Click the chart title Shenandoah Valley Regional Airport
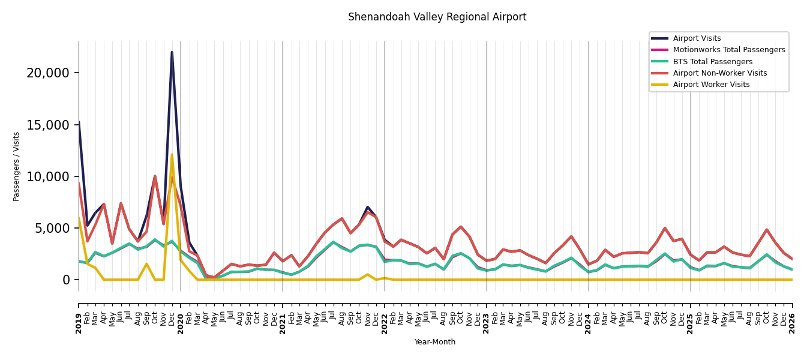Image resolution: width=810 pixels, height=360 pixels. pyautogui.click(x=437, y=17)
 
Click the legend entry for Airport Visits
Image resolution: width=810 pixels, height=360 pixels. pyautogui.click(x=697, y=38)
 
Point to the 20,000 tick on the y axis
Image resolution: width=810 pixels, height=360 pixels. pyautogui.click(x=48, y=73)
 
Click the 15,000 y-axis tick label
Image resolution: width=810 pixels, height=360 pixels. pyautogui.click(x=48, y=125)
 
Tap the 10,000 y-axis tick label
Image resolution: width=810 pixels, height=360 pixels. pyautogui.click(x=48, y=177)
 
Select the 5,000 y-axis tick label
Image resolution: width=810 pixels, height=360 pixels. pyautogui.click(x=52, y=229)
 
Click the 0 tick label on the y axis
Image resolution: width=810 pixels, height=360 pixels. pyautogui.click(x=66, y=280)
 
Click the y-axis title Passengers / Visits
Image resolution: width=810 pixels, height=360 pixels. pyautogui.click(x=16, y=167)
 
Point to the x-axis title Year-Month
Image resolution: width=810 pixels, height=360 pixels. pyautogui.click(x=434, y=342)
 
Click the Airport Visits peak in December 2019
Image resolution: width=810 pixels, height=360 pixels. pyautogui.click(x=172, y=52)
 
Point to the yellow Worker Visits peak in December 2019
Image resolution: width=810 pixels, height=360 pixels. pyautogui.click(x=172, y=155)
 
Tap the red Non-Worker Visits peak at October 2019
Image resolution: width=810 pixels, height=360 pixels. pyautogui.click(x=155, y=176)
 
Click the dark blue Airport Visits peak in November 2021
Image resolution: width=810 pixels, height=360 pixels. pyautogui.click(x=367, y=207)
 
